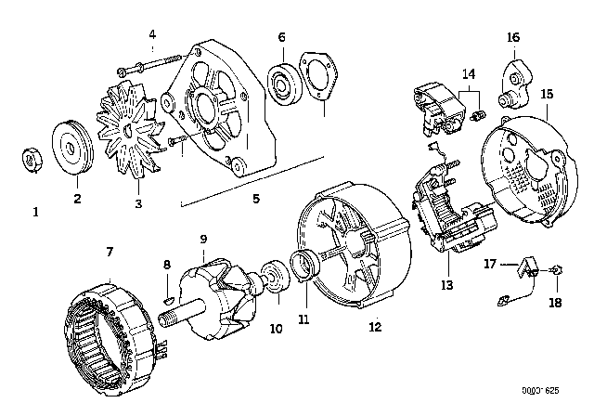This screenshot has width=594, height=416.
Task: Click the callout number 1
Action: point(36,212)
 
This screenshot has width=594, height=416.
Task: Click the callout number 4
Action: point(152,35)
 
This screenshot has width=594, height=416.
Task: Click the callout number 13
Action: point(447,284)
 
